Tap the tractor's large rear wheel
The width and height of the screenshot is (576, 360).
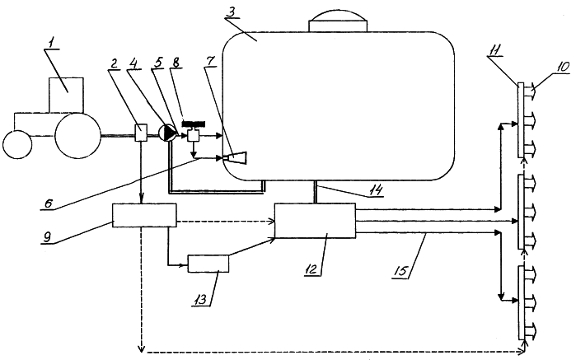coord(77,134)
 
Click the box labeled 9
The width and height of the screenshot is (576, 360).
coord(144,216)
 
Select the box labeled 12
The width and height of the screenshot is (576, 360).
coord(315,222)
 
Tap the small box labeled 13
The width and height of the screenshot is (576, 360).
coord(208,264)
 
